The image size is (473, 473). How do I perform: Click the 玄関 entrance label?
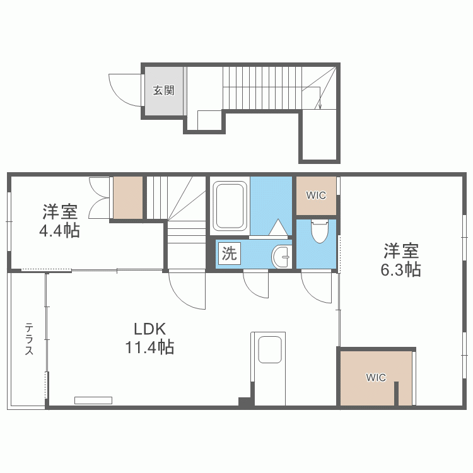click(x=163, y=90)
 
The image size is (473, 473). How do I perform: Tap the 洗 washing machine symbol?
click(x=228, y=254)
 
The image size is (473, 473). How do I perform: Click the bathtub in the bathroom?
click(x=230, y=206)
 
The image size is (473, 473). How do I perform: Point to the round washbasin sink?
click(x=281, y=256)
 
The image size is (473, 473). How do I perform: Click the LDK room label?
click(x=149, y=329)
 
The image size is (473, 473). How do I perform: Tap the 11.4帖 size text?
click(x=149, y=346)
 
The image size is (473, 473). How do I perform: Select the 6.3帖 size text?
click(x=400, y=269)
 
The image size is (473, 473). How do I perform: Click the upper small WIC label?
click(x=316, y=196)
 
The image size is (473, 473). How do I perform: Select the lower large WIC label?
click(x=376, y=378)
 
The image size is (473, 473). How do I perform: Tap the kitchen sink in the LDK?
click(x=270, y=349)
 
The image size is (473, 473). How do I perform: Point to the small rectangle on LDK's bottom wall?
click(x=93, y=400)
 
